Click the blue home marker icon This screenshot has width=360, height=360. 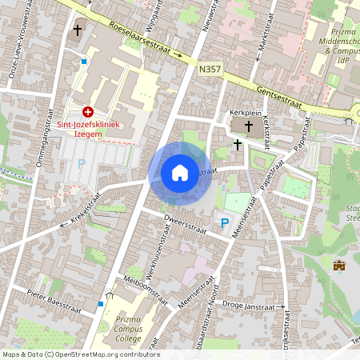(x=180, y=173)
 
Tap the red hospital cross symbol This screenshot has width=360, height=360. (x=88, y=113)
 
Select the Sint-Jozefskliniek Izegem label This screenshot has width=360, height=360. (x=88, y=129)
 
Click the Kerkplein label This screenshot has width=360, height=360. (x=246, y=113)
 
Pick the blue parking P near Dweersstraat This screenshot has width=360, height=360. (x=225, y=223)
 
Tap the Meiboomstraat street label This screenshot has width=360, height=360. (x=142, y=290)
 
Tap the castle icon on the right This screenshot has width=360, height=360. (x=338, y=265)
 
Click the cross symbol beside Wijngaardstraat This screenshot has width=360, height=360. (x=78, y=30)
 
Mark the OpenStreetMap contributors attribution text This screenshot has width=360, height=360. (x=80, y=354)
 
